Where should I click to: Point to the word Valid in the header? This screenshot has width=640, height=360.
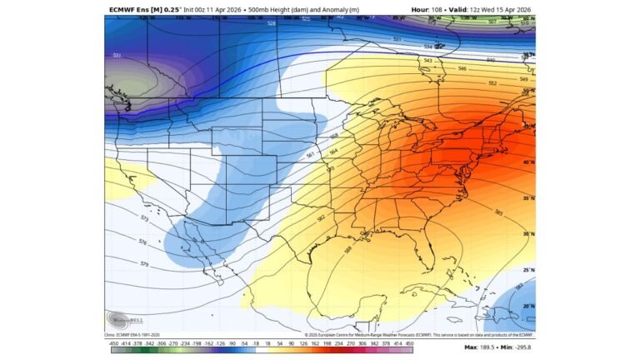click(x=458, y=9)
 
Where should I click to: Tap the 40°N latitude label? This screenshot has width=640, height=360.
click(x=528, y=162)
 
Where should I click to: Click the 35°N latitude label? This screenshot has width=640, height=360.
click(x=528, y=199)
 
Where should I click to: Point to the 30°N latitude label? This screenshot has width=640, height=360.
click(x=528, y=234)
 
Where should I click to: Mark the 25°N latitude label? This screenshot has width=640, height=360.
click(x=528, y=270)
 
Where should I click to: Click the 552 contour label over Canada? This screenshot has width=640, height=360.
click(x=492, y=83)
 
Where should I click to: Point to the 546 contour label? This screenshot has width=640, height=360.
click(x=463, y=70)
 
